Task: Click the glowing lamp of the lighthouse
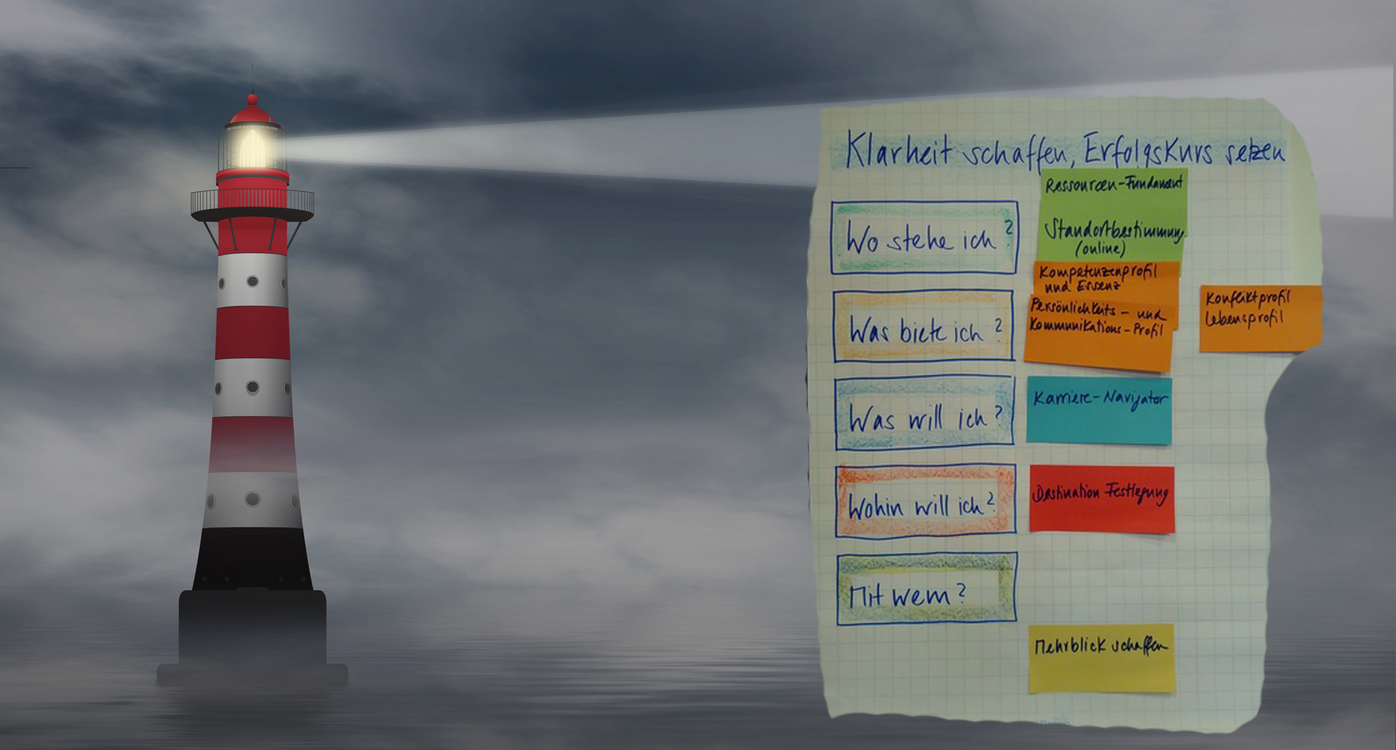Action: pyautogui.click(x=252, y=147)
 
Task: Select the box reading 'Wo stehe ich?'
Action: pyautogui.click(x=924, y=237)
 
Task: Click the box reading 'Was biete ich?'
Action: pyautogui.click(x=923, y=327)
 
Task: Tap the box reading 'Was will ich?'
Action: pyautogui.click(x=924, y=414)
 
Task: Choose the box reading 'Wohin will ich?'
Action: pyautogui.click(x=925, y=502)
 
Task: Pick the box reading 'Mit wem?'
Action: pyautogui.click(x=926, y=589)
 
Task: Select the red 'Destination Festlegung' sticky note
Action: pyautogui.click(x=1101, y=499)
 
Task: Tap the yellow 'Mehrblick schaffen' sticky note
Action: pyautogui.click(x=1101, y=657)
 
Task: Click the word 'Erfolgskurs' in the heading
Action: pyautogui.click(x=1148, y=151)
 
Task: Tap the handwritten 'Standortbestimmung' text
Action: pyautogui.click(x=1113, y=230)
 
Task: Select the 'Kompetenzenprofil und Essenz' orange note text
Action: pyautogui.click(x=1096, y=278)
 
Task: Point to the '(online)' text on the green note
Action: pyautogui.click(x=1100, y=249)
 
